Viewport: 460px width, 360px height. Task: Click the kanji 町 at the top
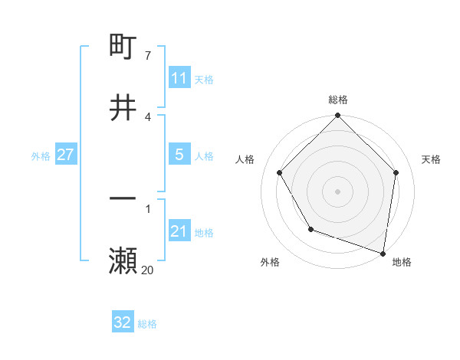tap(123, 47)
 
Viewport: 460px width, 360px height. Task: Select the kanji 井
tap(123, 107)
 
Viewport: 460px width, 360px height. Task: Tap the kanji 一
tap(123, 198)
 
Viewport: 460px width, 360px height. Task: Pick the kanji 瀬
tap(123, 260)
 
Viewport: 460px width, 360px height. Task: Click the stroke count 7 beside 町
tap(147, 56)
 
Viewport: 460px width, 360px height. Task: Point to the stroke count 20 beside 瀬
tap(147, 269)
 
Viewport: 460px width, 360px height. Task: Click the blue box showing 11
tap(179, 78)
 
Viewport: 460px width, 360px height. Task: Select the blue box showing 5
tap(179, 155)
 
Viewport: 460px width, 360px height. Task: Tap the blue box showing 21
tap(179, 231)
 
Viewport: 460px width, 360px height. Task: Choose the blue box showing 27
tap(65, 155)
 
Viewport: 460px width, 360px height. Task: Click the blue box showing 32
tap(123, 322)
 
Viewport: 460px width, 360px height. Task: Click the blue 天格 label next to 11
tap(204, 79)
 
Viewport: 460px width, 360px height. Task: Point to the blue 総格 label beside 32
tap(147, 324)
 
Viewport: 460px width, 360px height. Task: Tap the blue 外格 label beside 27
tap(41, 156)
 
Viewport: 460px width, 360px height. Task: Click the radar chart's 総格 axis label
tap(338, 100)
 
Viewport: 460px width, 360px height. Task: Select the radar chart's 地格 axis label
tap(402, 262)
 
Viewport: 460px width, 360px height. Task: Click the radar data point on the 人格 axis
tap(280, 172)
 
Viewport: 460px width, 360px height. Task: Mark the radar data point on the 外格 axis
tap(310, 229)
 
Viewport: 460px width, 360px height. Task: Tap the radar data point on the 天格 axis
tap(396, 172)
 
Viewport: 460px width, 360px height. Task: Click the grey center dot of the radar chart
tap(338, 191)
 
